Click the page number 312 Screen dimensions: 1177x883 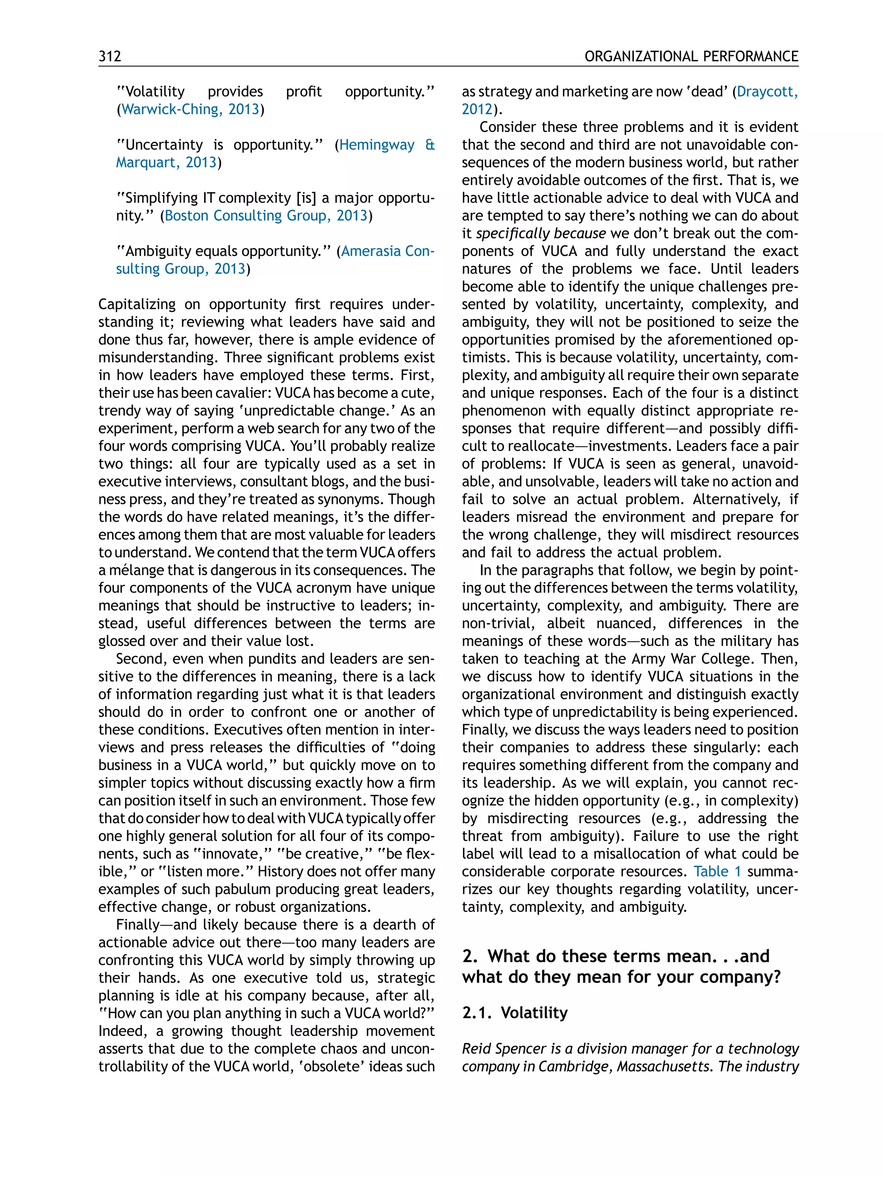(110, 56)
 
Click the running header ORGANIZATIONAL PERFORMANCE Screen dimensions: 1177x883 (691, 56)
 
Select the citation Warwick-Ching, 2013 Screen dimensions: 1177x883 (190, 109)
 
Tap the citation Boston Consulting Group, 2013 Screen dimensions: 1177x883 (266, 215)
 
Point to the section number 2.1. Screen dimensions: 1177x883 (476, 1012)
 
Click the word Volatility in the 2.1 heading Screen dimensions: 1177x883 (534, 1012)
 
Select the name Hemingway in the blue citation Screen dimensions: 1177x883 (377, 145)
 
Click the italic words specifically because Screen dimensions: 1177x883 (540, 234)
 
